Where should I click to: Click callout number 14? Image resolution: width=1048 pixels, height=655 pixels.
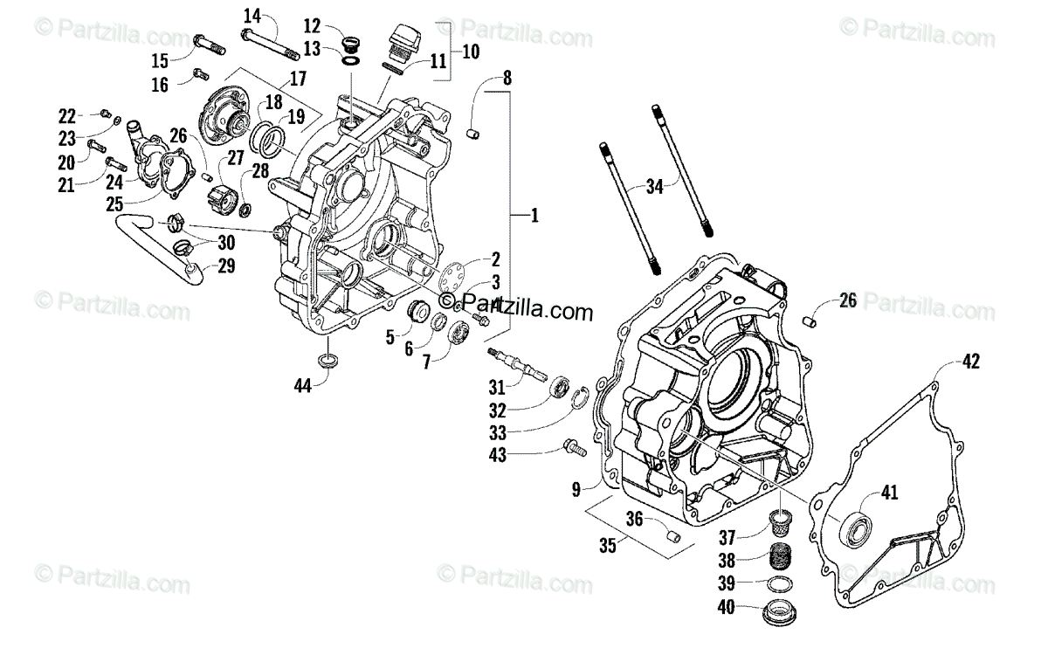tap(252, 15)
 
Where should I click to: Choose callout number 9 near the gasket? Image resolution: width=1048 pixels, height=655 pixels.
tap(576, 490)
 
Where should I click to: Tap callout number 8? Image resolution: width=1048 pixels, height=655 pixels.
tap(507, 78)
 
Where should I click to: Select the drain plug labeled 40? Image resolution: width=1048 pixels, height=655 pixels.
tap(779, 610)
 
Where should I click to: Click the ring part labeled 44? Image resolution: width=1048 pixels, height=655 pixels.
tap(328, 361)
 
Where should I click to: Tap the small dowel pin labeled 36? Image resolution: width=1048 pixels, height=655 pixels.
tap(672, 534)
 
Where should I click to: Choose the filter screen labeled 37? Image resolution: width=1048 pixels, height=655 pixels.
tap(779, 523)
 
